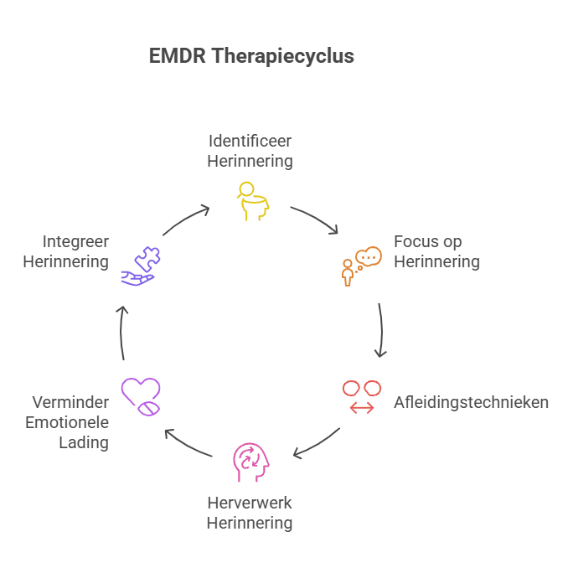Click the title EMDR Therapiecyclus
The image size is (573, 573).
251,56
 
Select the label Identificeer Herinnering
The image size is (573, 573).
250,150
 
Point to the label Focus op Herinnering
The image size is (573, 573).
436,251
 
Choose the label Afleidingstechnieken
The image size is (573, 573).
471,402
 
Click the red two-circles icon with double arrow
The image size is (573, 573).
362,396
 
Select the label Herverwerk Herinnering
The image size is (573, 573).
250,513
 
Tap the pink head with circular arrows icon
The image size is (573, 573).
251,462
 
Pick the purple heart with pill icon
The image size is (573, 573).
140,397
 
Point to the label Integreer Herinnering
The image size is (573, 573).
65,251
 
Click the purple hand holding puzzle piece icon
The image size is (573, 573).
140,266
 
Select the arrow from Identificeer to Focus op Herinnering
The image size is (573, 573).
314,219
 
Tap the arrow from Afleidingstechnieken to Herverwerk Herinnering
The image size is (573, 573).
317,444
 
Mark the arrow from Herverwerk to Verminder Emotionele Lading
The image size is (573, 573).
187,444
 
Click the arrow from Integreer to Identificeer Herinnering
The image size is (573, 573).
185,219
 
